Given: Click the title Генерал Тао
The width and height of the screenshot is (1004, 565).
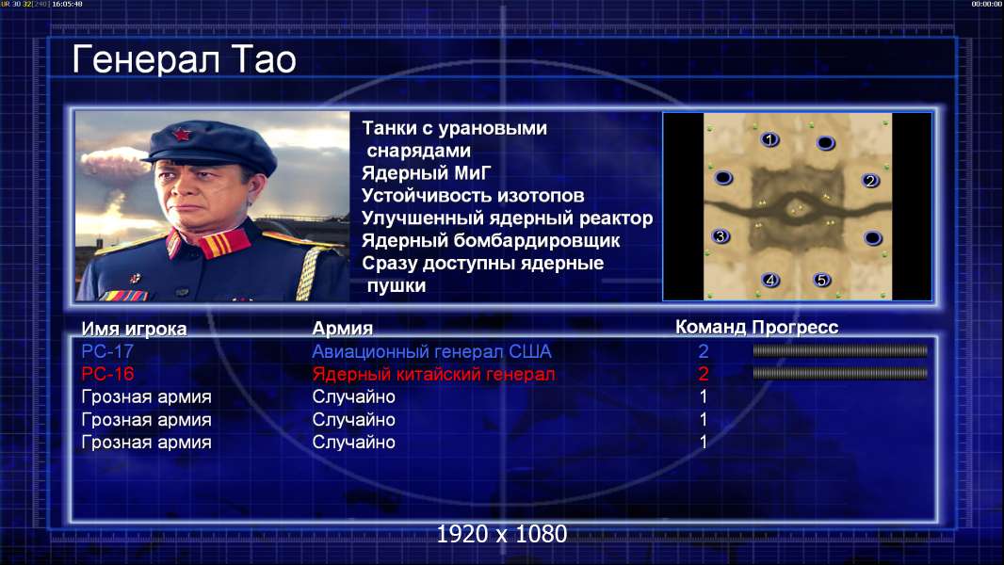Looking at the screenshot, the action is pyautogui.click(x=184, y=59).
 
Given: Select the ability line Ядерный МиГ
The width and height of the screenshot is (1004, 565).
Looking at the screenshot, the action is pyautogui.click(x=427, y=173).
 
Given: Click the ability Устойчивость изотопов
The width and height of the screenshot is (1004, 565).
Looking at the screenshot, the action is pyautogui.click(x=473, y=196).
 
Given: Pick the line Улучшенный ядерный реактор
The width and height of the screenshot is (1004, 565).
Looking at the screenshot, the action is pyautogui.click(x=507, y=218).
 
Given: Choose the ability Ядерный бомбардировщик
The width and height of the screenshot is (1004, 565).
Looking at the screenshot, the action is pyautogui.click(x=491, y=240).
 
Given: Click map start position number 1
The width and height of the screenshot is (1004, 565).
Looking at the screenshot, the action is pyautogui.click(x=769, y=138).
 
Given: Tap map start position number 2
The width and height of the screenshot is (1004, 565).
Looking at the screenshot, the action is pyautogui.click(x=869, y=181).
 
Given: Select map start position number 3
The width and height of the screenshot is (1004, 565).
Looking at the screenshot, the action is pyautogui.click(x=721, y=236).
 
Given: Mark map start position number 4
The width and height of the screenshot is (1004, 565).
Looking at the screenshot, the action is pyautogui.click(x=770, y=280).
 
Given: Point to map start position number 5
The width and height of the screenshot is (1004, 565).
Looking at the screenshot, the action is pyautogui.click(x=821, y=280).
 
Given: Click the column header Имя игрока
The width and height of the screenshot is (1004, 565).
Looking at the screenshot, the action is pyautogui.click(x=134, y=329).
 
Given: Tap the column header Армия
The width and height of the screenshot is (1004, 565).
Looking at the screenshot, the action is pyautogui.click(x=342, y=329).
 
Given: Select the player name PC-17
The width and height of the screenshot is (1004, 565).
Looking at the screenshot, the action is pyautogui.click(x=107, y=351).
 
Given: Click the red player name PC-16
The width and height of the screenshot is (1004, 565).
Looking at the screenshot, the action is pyautogui.click(x=107, y=374).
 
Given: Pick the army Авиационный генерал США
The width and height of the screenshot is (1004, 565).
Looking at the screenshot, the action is pyautogui.click(x=431, y=351).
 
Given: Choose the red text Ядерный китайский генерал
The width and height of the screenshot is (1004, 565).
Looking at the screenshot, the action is pyautogui.click(x=433, y=375).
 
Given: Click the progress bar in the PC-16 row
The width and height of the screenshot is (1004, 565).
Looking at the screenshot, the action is pyautogui.click(x=840, y=373).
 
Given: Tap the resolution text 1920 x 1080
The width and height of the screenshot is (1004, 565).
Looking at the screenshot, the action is pyautogui.click(x=502, y=534).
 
